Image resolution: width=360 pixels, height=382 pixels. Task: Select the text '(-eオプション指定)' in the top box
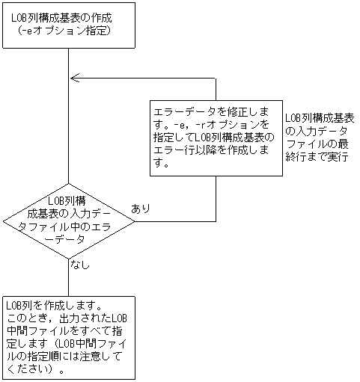67,31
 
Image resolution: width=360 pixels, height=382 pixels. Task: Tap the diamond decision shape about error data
69,220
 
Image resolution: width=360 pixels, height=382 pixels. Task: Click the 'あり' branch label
140,208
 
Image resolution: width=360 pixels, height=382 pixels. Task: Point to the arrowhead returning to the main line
73,78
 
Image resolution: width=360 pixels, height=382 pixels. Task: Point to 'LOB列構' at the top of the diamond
69,200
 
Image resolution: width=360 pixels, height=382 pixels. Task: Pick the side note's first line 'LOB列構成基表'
320,118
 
